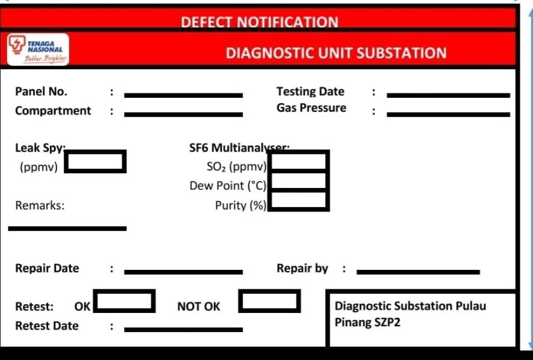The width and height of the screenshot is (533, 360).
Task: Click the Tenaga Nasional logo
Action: (x=37, y=50)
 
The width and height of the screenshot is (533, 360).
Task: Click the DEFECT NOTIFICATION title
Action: (x=260, y=22)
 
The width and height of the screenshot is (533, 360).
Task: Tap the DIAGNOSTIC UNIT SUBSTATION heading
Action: (x=336, y=53)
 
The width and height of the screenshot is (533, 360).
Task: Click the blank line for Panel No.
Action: (x=183, y=95)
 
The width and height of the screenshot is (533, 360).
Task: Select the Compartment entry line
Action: (x=183, y=114)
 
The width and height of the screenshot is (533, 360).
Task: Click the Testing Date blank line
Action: (x=449, y=95)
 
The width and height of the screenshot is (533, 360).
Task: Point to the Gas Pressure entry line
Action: (x=449, y=114)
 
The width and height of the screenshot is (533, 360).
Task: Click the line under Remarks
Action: (x=67, y=229)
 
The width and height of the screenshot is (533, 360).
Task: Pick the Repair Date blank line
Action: (x=183, y=272)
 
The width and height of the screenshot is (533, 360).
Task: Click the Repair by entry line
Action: (x=418, y=272)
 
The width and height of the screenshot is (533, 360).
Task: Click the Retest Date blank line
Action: (x=183, y=330)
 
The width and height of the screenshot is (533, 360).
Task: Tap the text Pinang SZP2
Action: (x=367, y=322)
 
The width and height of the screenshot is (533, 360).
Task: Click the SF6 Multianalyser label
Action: (x=239, y=148)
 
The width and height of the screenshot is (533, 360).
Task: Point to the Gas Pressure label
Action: (x=312, y=107)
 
